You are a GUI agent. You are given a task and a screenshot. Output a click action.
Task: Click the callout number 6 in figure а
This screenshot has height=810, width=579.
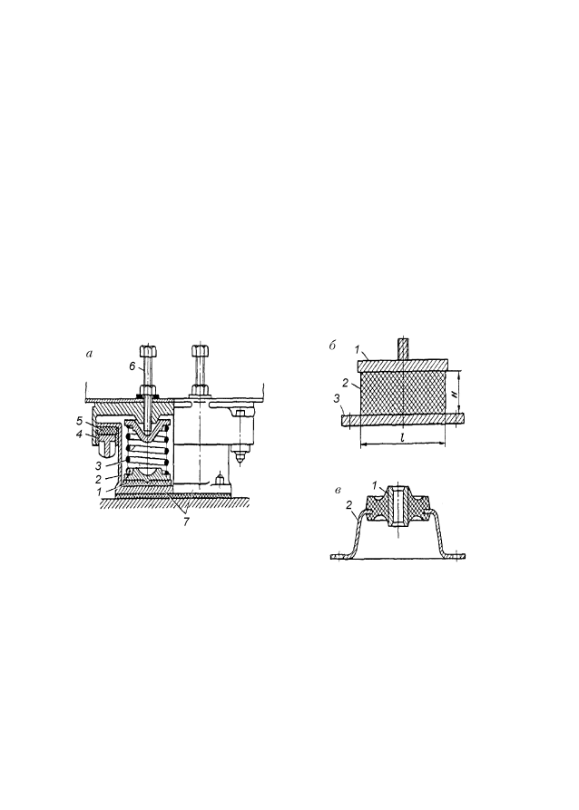click(x=132, y=366)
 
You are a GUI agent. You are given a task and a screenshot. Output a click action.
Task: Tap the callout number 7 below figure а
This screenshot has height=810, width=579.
click(x=186, y=522)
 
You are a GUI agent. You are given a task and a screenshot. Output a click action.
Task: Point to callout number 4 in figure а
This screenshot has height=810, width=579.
click(x=79, y=434)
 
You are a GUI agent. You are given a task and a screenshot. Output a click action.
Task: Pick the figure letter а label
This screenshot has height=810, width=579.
click(x=90, y=354)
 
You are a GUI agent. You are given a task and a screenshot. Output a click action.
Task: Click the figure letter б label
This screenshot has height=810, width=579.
click(x=332, y=346)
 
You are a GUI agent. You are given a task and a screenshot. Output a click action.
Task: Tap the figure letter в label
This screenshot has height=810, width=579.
click(x=338, y=490)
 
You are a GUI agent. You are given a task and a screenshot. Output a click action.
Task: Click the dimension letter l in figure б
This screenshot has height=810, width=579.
click(x=402, y=437)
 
